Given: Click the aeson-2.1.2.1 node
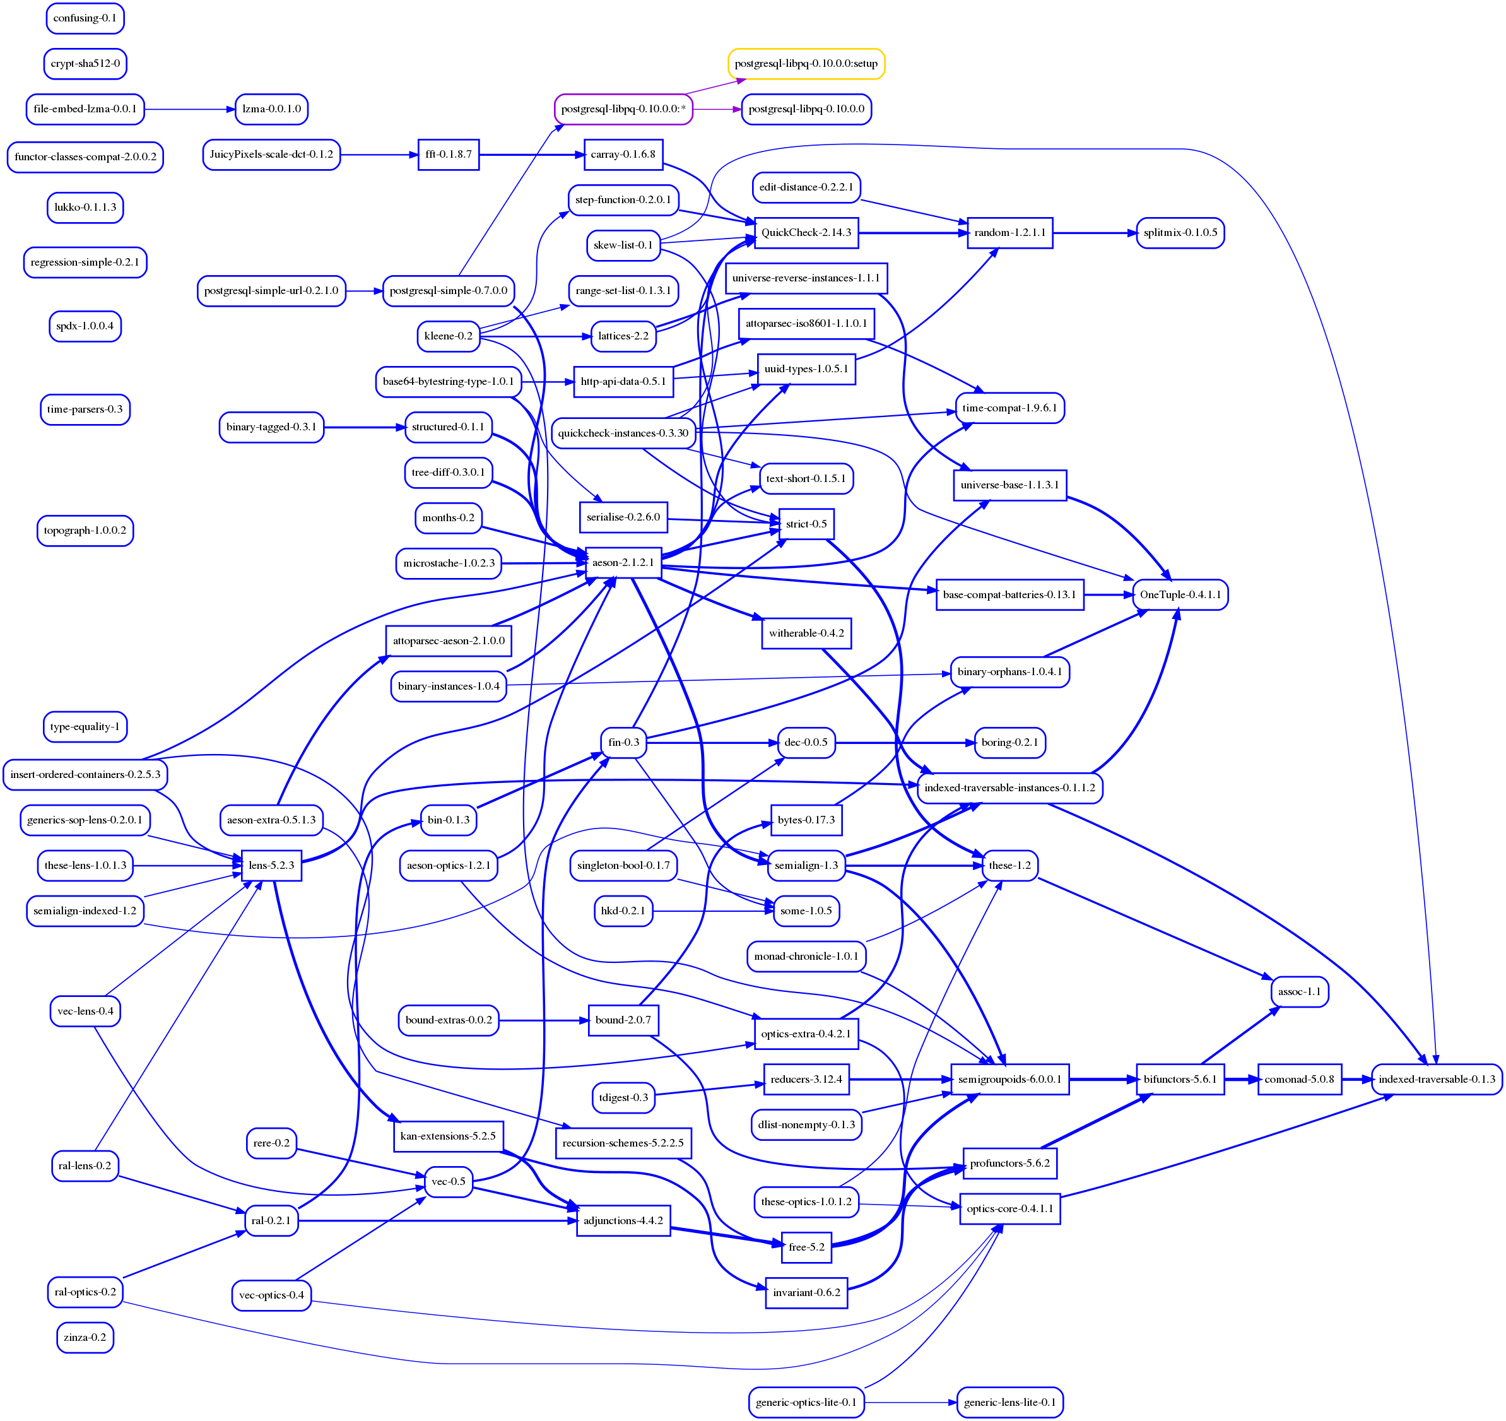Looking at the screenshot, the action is coord(623,563).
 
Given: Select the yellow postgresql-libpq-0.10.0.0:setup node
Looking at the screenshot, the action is coord(806,64).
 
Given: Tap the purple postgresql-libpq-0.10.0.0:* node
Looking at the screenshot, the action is coord(623,109).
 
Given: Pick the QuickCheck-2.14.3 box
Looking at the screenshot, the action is coord(806,233).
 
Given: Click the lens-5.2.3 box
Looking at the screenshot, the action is coord(271,865).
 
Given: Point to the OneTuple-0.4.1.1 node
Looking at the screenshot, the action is coord(1179,594).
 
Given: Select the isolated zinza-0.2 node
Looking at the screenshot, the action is coord(85,1337).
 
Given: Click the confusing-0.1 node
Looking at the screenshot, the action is coord(85,18).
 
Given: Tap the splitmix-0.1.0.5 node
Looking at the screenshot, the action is coord(1179,233).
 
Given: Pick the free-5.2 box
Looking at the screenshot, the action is coord(806,1247).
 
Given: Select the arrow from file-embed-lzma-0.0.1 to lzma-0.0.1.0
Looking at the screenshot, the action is coord(189,109).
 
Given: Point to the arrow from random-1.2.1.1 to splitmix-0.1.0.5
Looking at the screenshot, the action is coord(1094,233).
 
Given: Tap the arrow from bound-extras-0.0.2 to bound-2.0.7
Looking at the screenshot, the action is coord(543,1020).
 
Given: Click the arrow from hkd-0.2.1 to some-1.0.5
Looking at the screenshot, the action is coord(712,911).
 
